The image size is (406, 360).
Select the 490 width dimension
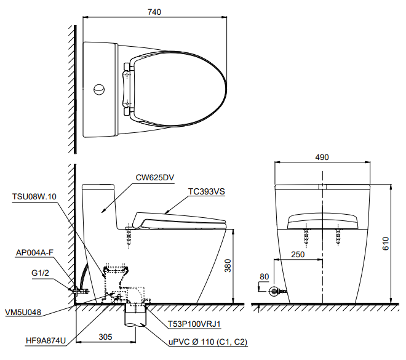(322, 157)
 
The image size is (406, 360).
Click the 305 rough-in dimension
(105, 337)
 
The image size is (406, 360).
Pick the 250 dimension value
(298, 254)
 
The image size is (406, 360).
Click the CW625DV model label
(154, 177)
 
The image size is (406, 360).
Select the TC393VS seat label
(207, 191)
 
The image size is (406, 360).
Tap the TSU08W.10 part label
(34, 196)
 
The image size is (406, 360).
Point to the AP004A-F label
(35, 253)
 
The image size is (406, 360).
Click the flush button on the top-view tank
(98, 90)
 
